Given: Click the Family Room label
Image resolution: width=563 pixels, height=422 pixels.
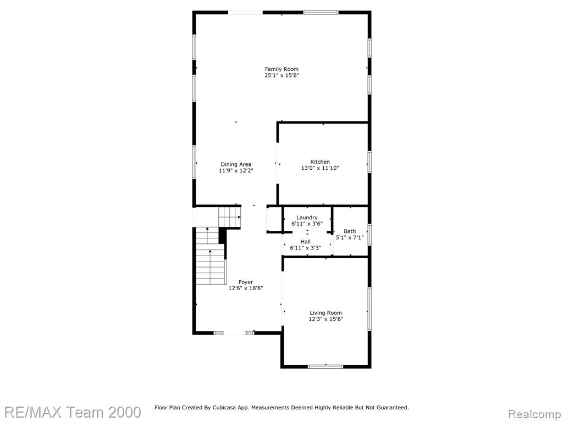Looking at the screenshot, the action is [281, 69].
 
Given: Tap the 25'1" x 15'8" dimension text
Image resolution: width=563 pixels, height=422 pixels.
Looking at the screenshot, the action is [281, 75].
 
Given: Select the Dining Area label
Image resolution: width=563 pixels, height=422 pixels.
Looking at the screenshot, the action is [236, 164].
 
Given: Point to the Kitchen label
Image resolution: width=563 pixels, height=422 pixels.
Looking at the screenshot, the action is [320, 162].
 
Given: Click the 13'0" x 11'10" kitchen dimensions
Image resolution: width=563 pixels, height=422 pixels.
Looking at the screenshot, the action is [320, 168].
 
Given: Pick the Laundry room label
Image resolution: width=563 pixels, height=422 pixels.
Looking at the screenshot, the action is [307, 218].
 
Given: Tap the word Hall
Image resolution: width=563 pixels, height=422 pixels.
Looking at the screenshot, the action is [306, 242].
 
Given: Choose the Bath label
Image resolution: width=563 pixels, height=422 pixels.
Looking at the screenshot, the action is [350, 231].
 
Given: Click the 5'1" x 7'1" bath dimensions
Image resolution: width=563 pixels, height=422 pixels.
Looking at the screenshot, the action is [350, 237].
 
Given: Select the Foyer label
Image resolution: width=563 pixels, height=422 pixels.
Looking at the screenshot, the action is [246, 282].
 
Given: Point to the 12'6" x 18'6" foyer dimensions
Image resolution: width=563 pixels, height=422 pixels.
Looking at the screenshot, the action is [246, 288].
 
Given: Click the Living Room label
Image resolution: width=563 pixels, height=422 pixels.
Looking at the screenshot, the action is [325, 313].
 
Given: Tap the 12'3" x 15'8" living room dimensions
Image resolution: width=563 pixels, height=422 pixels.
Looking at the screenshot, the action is [325, 319].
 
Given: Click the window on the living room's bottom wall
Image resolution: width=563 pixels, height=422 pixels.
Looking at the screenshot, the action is [325, 367].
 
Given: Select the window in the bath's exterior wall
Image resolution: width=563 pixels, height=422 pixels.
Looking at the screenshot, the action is [369, 235].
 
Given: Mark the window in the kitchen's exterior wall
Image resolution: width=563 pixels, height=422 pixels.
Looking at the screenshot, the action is [369, 162].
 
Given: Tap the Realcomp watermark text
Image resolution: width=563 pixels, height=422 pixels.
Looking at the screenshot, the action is [534, 414].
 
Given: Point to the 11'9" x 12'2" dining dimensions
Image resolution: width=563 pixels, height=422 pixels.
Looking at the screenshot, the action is [236, 171].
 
